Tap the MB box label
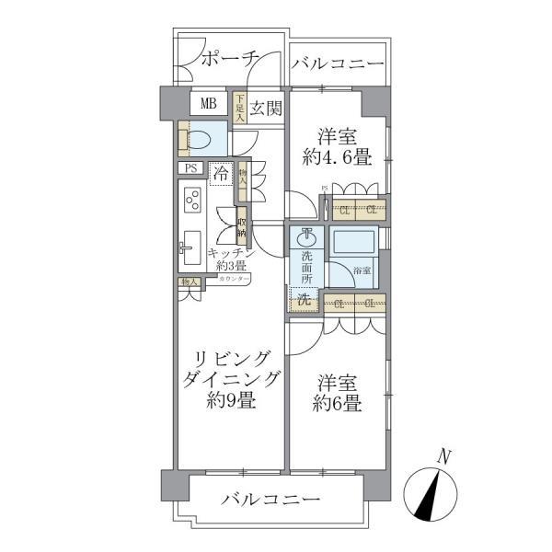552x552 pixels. pos(209,103)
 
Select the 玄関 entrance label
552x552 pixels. pos(265,108)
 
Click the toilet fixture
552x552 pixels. pos(202,139)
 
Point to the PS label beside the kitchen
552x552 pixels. pos(191,168)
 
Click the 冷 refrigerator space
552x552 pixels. pos(221,172)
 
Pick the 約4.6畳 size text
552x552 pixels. pos(337,156)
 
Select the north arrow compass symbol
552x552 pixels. pos(432,491)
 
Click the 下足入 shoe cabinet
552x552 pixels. pos(239,108)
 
